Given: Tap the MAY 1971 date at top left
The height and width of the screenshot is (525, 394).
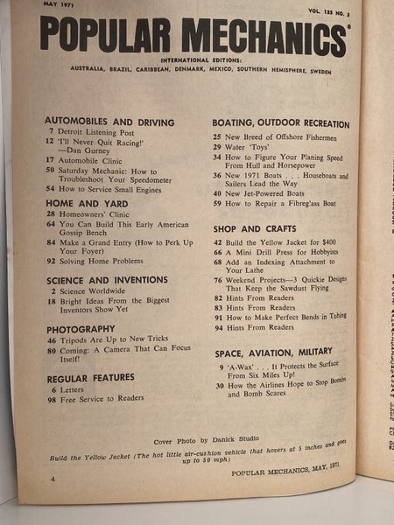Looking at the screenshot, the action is pos(58,7).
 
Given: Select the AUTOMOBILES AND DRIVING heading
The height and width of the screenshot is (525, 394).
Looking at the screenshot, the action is pos(109,122).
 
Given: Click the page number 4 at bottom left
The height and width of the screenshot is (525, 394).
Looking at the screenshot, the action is pos(53,479).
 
